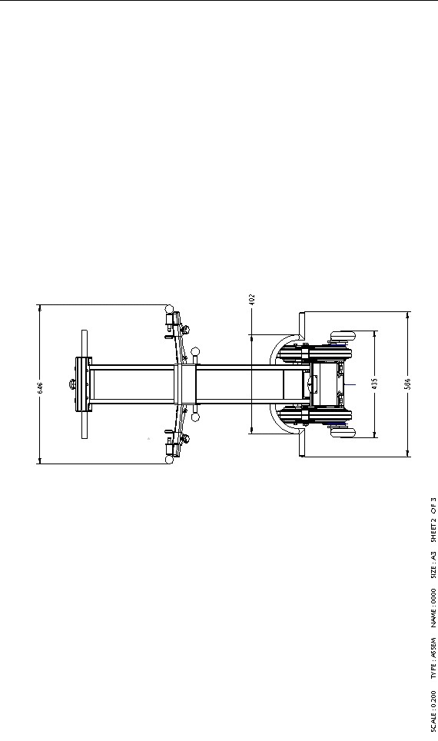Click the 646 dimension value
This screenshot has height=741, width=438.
click(40, 388)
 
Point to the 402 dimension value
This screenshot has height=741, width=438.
click(252, 299)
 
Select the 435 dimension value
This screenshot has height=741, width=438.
click(374, 384)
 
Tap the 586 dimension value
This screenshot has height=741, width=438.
click(408, 384)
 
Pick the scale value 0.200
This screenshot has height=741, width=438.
click(433, 700)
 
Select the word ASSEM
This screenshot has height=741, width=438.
click(433, 647)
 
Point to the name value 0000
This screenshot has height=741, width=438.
click(433, 597)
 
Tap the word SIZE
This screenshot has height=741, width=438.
click(433, 570)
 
